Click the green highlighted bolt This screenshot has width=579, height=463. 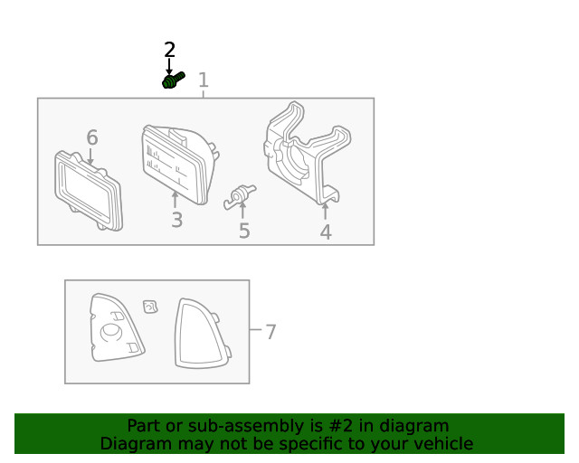tap(173, 80)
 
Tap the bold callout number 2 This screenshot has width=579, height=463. tap(169, 50)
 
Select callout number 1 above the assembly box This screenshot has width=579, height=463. tap(204, 80)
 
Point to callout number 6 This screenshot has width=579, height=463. tap(92, 137)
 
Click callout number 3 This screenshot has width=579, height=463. tap(177, 220)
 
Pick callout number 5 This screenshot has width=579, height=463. tap(244, 231)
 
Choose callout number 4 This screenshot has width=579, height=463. tap(326, 231)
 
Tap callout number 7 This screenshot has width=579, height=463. tap(271, 332)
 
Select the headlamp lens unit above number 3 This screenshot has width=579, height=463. tap(179, 164)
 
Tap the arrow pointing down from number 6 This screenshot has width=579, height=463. tap(90, 156)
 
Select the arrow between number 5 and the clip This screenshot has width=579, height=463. tap(242, 211)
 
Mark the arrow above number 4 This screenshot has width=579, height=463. tap(325, 212)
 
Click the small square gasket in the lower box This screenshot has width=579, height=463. tap(150, 307)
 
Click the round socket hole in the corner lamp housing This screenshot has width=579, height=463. tap(111, 332)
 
